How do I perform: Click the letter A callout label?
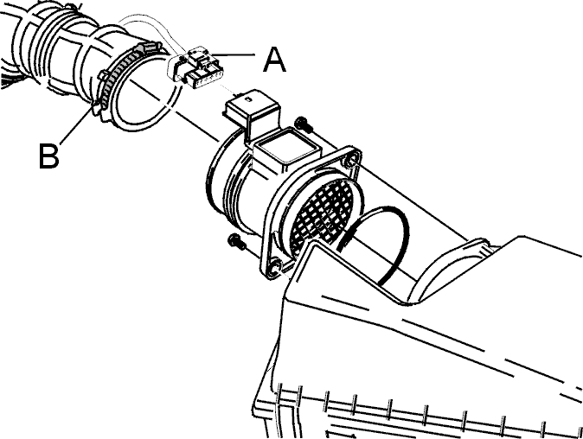tap(274, 60)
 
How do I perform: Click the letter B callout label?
tap(48, 156)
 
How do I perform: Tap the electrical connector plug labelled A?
tap(195, 67)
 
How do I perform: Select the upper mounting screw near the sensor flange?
tap(304, 124)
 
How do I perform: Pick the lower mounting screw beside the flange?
tap(237, 241)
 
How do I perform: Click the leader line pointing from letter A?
tap(234, 55)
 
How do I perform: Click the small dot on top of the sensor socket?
tap(247, 99)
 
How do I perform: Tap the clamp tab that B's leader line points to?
tap(95, 108)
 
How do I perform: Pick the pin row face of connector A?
tap(205, 78)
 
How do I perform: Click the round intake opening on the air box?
tap(443, 271)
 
